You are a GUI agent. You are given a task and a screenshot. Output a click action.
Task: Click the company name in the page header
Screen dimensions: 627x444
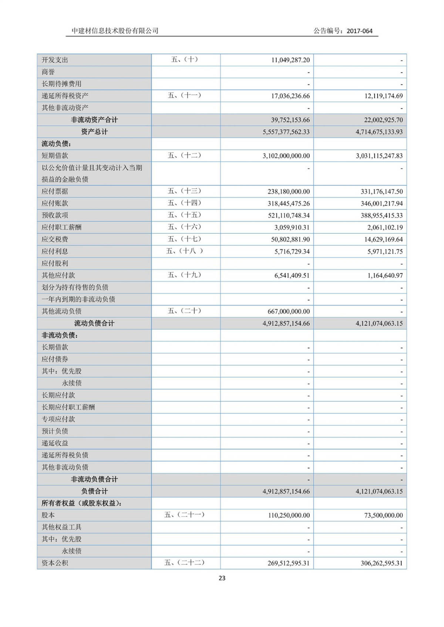point(115,31)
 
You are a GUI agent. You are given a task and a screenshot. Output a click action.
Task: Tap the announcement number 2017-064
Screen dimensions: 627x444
point(359,31)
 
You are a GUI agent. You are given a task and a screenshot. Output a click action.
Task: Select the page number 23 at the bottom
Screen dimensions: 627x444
point(222,578)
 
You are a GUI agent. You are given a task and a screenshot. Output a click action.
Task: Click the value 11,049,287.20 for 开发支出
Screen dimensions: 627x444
point(290,60)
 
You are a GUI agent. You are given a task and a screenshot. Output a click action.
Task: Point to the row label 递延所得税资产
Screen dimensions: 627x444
point(65,96)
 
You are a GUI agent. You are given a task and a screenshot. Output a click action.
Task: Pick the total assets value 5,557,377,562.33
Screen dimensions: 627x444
point(286,132)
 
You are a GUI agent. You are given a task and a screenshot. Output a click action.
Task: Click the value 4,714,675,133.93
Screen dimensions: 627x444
point(379,132)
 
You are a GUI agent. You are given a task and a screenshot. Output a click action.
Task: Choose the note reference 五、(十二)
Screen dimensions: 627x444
point(184,156)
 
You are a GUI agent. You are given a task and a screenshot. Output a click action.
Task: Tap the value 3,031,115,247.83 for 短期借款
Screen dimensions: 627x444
point(379,156)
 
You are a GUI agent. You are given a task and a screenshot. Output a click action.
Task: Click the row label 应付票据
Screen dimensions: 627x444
point(55,191)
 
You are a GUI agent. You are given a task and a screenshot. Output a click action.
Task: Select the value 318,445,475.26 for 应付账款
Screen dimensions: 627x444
point(289,204)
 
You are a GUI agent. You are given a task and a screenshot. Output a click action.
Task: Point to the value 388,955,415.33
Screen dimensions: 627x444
point(381,215)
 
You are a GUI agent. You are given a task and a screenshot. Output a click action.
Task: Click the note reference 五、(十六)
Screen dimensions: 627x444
point(184,227)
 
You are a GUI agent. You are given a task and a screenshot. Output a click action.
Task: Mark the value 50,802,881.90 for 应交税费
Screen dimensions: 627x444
point(290,239)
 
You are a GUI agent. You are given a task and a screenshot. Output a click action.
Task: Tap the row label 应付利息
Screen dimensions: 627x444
point(55,252)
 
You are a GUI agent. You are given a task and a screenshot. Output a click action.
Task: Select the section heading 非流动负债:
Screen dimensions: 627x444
point(60,335)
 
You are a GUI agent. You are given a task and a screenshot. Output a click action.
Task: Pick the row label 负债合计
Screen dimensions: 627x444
point(94,491)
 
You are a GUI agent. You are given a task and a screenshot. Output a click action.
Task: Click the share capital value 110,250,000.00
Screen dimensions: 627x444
point(289,515)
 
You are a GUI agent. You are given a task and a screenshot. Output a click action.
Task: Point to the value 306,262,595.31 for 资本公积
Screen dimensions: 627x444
point(381,563)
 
